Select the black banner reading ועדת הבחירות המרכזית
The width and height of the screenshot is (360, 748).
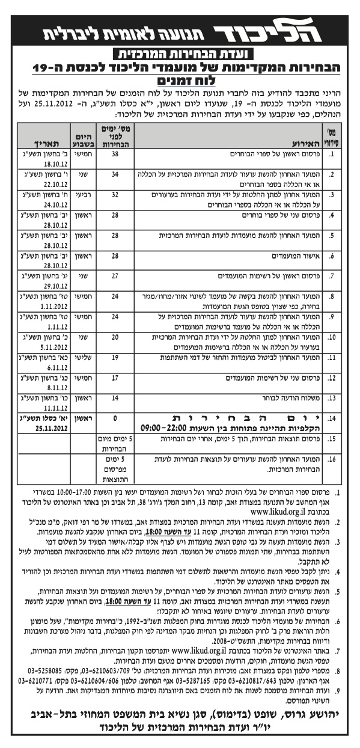coord(180,54)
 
